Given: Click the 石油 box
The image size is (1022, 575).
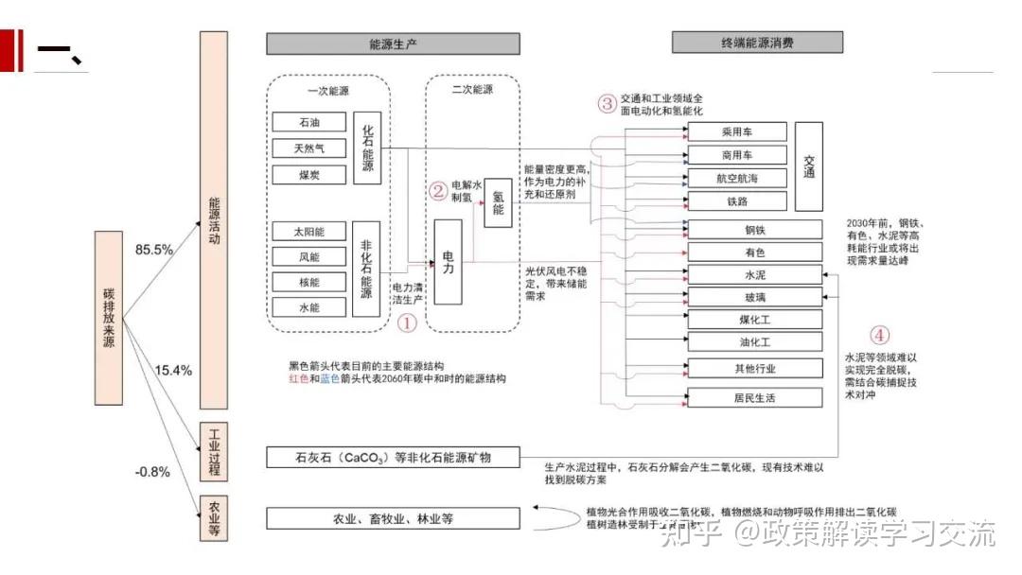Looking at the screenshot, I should (x=308, y=122).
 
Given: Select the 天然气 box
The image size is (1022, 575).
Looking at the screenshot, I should (x=308, y=148).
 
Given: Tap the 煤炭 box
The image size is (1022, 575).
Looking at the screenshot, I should (x=308, y=175).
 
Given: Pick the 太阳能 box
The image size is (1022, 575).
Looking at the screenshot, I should (x=308, y=231).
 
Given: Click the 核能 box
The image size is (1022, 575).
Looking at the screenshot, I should (x=308, y=282).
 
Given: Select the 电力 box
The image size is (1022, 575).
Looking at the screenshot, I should (x=448, y=262).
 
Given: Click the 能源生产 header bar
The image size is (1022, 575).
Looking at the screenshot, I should (x=393, y=44).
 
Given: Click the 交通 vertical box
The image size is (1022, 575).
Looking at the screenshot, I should (x=808, y=166).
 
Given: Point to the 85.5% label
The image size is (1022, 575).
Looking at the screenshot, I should (x=153, y=250).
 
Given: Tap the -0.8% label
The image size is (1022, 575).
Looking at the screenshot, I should (x=151, y=472).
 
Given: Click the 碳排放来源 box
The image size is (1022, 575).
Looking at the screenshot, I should (x=109, y=318).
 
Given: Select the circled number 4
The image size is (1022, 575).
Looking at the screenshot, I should (x=880, y=335).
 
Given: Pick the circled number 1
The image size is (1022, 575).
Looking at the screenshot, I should (x=406, y=323).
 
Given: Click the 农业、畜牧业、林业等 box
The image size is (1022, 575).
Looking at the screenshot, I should (x=393, y=518).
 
